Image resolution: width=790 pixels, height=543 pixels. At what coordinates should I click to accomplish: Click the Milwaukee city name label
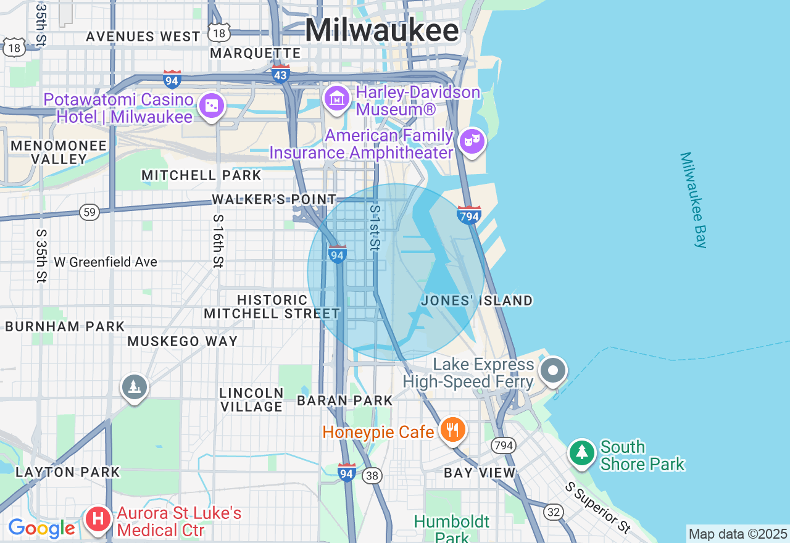pyautogui.click(x=382, y=30)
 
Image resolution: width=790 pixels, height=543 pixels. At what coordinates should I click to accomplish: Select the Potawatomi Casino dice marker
pyautogui.click(x=212, y=107)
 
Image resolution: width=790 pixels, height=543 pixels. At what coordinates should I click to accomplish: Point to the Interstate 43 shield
pyautogui.click(x=280, y=74)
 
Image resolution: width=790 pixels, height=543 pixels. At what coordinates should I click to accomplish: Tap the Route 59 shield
pyautogui.click(x=89, y=212)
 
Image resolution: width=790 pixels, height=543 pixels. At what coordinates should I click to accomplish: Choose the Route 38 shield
pyautogui.click(x=372, y=476)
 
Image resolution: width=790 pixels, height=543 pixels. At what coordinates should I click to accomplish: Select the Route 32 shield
pyautogui.click(x=554, y=512)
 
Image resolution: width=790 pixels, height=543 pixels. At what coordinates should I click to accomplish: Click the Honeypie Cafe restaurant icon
pyautogui.click(x=453, y=430)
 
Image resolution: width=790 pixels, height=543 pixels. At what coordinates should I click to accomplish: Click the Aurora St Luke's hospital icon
pyautogui.click(x=98, y=519)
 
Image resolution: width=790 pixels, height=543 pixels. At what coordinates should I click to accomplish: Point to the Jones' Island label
pyautogui.click(x=476, y=301)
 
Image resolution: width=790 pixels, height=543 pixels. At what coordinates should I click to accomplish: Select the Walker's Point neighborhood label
pyautogui.click(x=274, y=199)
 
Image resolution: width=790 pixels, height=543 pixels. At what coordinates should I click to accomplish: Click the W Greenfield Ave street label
pyautogui.click(x=106, y=262)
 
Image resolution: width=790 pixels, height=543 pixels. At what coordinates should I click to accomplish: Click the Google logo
pyautogui.click(x=41, y=528)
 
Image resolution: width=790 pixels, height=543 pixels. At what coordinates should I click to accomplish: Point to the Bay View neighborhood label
pyautogui.click(x=480, y=473)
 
